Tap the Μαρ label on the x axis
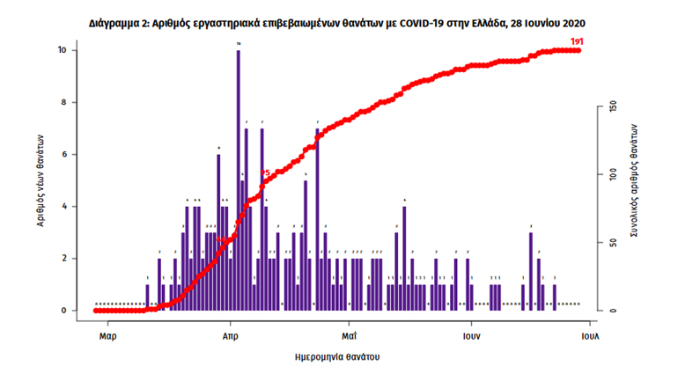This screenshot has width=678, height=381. [108, 336]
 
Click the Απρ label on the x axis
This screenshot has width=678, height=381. [231, 336]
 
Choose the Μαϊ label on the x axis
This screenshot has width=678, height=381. [350, 336]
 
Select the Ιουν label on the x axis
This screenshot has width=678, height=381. [472, 336]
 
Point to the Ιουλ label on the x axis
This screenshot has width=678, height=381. [589, 336]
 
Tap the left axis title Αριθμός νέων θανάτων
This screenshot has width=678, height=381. [41, 181]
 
